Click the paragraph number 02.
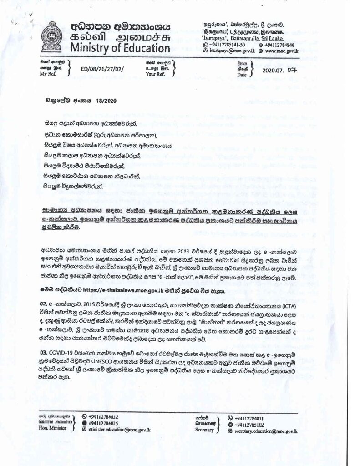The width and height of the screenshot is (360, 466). pyautogui.click(x=44, y=302)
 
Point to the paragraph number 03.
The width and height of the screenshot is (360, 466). pyautogui.click(x=44, y=352)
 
